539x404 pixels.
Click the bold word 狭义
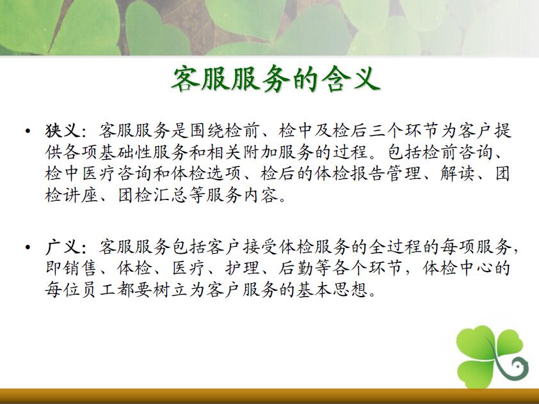63,131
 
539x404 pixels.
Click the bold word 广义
63,247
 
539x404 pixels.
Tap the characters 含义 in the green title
351,79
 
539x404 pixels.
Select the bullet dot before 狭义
28,131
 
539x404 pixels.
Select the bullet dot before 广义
28,247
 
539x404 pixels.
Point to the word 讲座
81,196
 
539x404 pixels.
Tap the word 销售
81,268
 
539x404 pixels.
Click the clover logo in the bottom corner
492,357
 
